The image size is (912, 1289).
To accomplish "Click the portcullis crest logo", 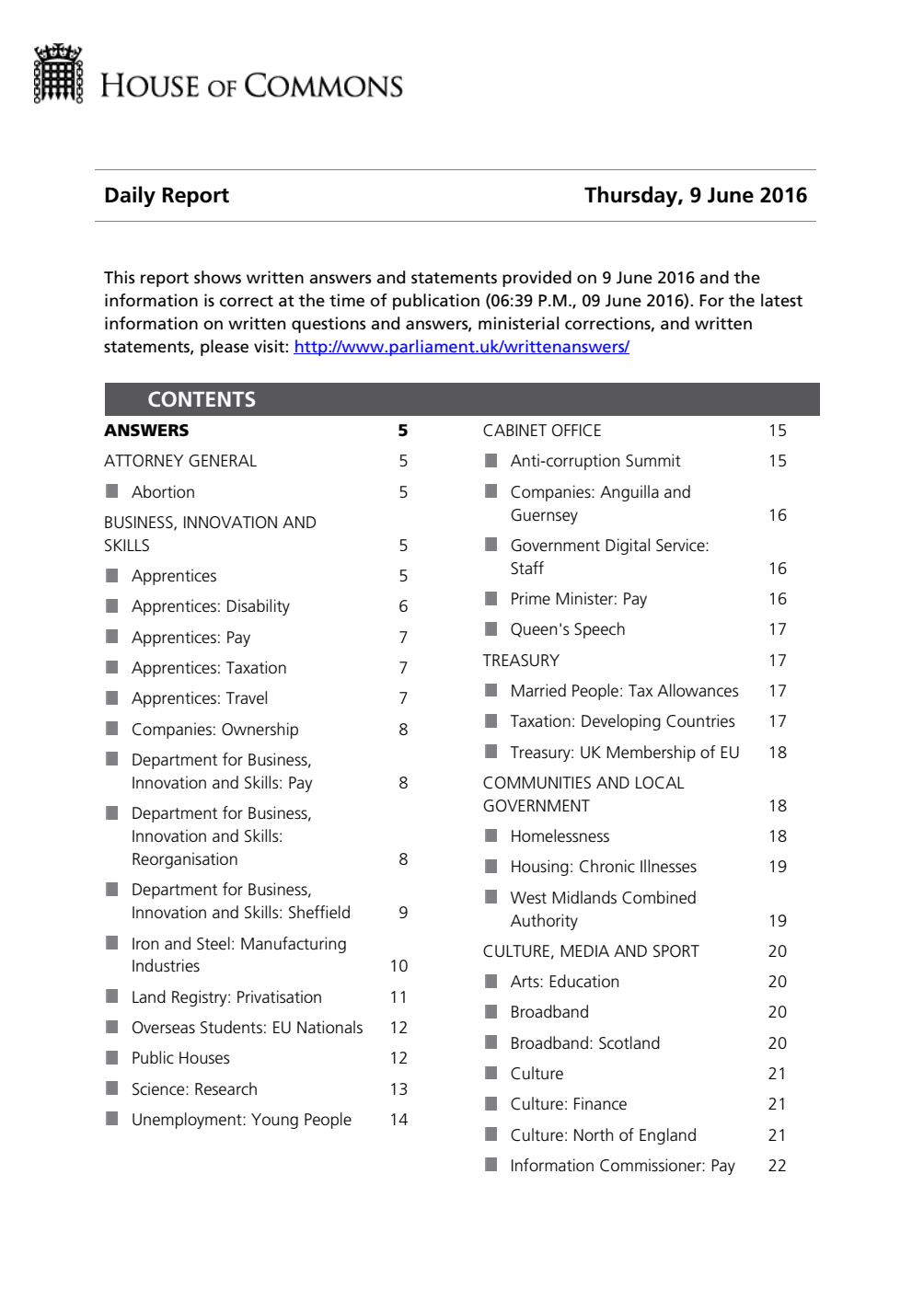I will [x=58, y=74].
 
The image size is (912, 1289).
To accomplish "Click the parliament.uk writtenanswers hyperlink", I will [x=461, y=347].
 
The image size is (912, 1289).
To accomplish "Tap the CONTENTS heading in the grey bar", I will [x=202, y=399].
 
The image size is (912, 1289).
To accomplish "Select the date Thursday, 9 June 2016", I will [x=695, y=195].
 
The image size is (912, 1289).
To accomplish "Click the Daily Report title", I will [x=167, y=195].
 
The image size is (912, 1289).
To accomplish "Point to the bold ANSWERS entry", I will [x=146, y=431].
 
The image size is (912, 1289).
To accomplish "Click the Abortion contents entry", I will [x=163, y=492].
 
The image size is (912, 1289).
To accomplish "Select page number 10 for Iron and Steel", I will [x=398, y=966].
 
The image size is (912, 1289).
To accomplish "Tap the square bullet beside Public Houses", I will [x=112, y=1057].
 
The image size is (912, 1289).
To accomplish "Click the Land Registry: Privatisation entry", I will [x=226, y=997].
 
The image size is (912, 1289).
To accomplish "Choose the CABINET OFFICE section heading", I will [x=542, y=431].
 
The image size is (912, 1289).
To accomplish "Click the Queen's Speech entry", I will [x=567, y=629].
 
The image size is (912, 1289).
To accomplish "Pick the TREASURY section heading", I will [x=521, y=661].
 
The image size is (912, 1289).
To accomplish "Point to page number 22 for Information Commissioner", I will [x=777, y=1166].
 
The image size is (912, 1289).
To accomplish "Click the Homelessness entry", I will [x=560, y=836].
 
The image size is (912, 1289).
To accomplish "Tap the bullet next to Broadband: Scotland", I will [x=491, y=1042].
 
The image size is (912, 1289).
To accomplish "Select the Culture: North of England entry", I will [x=603, y=1135].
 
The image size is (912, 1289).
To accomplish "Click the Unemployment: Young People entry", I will [x=241, y=1120].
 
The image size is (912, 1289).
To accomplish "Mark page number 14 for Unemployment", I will [x=398, y=1120].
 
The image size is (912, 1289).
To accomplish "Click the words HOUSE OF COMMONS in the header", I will [x=251, y=86].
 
